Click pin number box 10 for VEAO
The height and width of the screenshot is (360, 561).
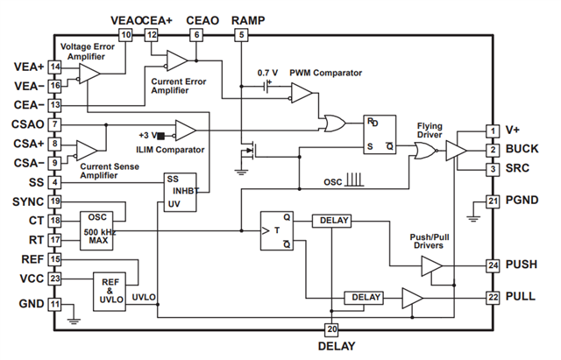pyautogui.click(x=125, y=35)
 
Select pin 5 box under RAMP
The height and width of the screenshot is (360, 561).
pyautogui.click(x=241, y=35)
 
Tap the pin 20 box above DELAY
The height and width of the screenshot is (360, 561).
pyautogui.click(x=330, y=329)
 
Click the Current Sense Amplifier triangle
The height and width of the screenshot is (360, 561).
pyautogui.click(x=88, y=150)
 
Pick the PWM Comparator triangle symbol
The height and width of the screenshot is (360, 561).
pyautogui.click(x=301, y=94)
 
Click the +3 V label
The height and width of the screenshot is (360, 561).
pyautogui.click(x=146, y=134)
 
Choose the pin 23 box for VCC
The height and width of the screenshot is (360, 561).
pyautogui.click(x=55, y=279)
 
